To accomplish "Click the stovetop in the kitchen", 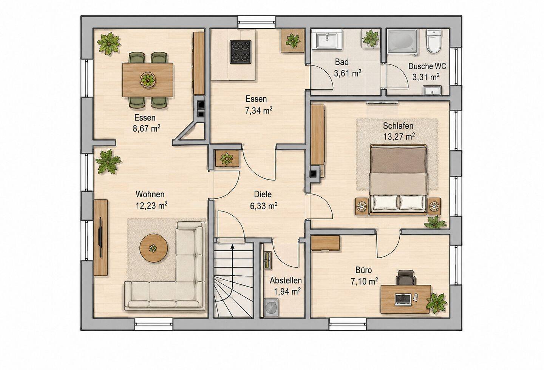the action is click(x=240, y=52).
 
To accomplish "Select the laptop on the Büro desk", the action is click(x=403, y=300).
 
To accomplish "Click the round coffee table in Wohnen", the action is click(x=153, y=248).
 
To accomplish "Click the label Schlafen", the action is click(x=398, y=126).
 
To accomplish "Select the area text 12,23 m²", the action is click(x=151, y=206).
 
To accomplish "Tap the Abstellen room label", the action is click(x=286, y=281).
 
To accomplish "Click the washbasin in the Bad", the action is click(x=327, y=40).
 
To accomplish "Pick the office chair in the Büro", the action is click(x=405, y=278).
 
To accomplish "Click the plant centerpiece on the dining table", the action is click(x=147, y=79).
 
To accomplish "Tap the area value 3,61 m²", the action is click(x=348, y=73).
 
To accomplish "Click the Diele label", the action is click(x=263, y=194).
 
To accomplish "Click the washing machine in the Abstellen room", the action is click(x=271, y=308).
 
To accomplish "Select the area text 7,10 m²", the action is click(x=364, y=281).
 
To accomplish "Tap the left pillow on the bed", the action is click(x=385, y=203).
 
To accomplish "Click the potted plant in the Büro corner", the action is click(x=436, y=303).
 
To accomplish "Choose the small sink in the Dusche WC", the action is click(x=432, y=91).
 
